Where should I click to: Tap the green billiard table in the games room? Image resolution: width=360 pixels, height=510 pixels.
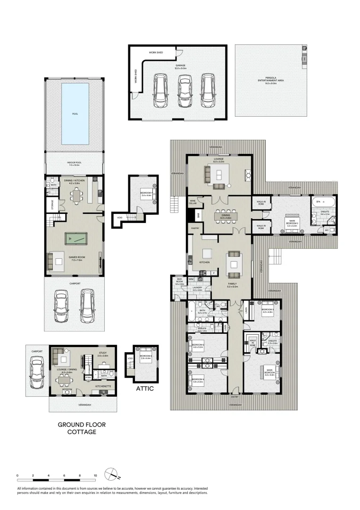75,239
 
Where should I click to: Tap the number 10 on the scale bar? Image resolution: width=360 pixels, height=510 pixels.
95,476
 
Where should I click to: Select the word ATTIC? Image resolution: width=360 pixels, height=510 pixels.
145,389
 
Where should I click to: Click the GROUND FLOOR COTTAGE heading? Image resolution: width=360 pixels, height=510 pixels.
82,428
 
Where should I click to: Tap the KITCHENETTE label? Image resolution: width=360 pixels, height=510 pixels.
103,386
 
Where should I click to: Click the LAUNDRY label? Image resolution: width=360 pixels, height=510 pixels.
197,288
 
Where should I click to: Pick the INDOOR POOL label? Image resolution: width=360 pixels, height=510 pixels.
74,163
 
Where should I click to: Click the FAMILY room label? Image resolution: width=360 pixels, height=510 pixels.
233,284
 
